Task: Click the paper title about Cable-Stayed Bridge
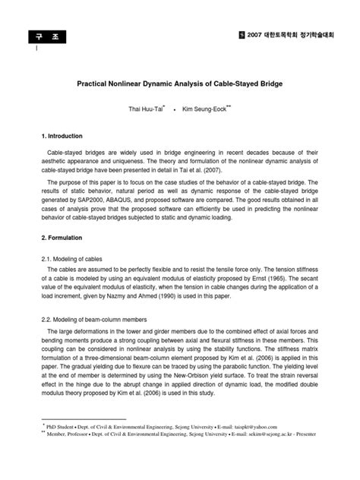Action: (180, 81)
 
